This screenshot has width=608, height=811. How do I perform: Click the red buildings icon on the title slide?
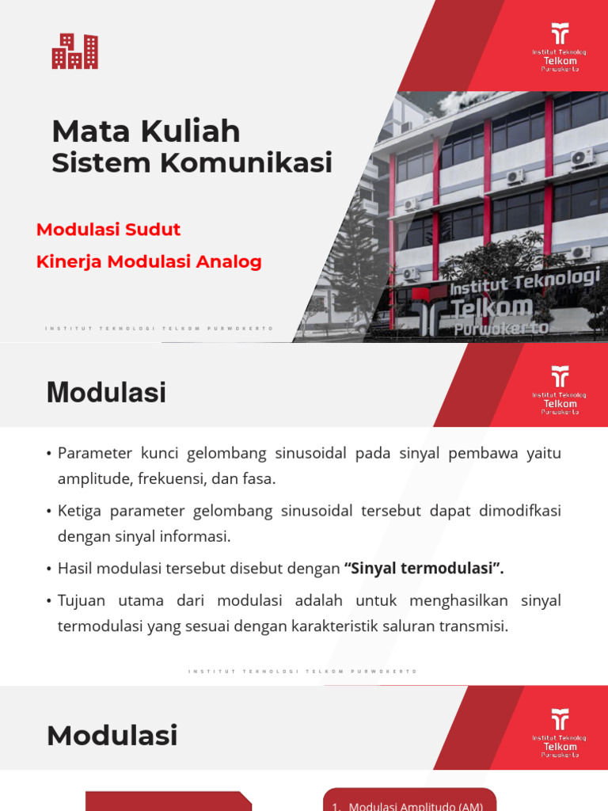click(x=74, y=51)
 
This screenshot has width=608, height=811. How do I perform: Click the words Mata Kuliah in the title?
click(x=146, y=131)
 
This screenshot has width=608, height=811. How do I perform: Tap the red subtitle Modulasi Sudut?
click(x=108, y=230)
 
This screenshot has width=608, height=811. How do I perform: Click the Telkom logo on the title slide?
click(x=560, y=48)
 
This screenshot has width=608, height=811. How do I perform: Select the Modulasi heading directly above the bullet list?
click(x=106, y=393)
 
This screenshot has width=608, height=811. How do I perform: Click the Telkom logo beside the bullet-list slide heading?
click(x=560, y=390)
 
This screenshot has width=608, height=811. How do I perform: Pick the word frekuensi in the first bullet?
click(x=170, y=479)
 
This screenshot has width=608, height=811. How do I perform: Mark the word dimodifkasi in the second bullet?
click(x=519, y=511)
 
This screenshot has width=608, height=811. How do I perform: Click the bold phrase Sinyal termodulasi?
click(x=424, y=569)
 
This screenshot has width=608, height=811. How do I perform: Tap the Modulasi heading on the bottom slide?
click(x=112, y=736)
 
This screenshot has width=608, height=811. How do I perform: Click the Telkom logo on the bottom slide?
click(x=560, y=733)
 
